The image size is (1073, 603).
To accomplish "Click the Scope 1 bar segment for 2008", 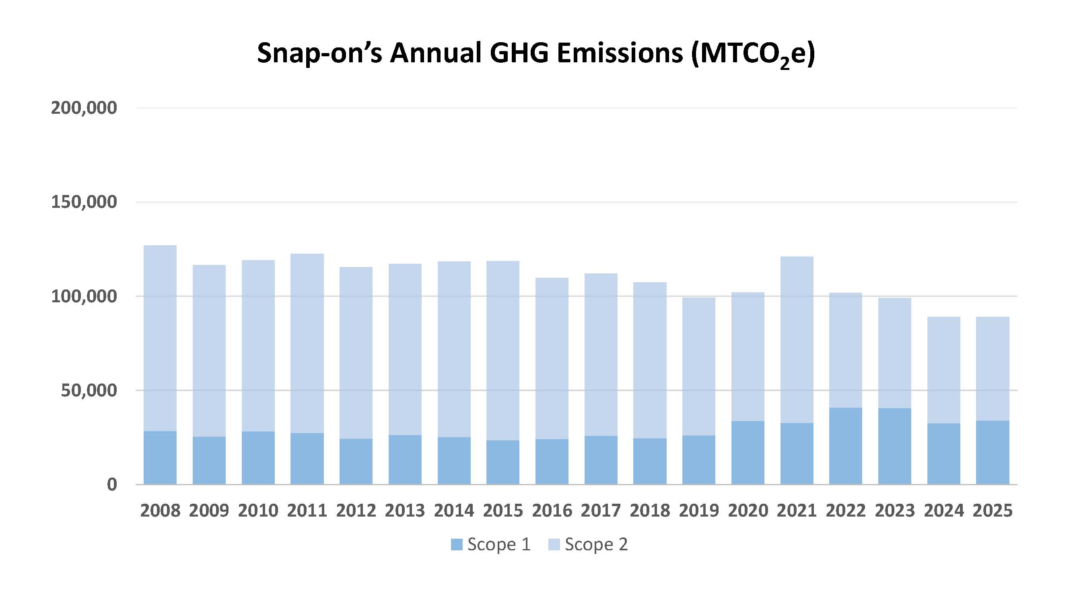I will coord(160,457).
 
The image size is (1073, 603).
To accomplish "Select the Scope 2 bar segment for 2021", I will coord(797,340).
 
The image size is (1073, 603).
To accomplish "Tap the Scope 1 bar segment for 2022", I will coord(846,446).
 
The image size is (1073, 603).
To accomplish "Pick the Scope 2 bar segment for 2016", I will coord(552,358).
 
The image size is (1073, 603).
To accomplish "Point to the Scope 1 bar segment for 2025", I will coord(993,452).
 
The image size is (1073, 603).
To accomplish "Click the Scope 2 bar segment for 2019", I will coord(698,366).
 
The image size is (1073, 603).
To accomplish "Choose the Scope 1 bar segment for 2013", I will coord(405,459).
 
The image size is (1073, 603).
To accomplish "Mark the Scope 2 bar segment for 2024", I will coord(943,370).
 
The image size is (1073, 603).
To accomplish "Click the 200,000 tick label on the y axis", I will coord(84,108).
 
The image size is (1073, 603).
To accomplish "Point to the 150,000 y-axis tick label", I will coord(84,202).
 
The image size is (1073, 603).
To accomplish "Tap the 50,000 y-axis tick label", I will coord(89,391).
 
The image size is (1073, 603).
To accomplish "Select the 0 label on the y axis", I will coord(111,485).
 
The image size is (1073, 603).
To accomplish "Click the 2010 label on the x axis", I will coord(258,511).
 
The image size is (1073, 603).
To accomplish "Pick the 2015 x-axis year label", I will coord(503,511).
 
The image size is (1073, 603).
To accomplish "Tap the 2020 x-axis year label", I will coord(748,511).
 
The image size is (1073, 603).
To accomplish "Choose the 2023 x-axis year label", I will coord(895,511).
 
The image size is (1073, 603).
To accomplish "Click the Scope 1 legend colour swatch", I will coord(457,545).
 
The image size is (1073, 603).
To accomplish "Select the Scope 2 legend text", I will coord(596,545).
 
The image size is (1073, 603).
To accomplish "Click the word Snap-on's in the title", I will coord(319,53).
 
